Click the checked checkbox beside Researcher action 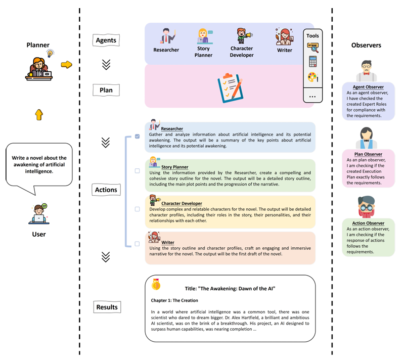[x=137, y=137]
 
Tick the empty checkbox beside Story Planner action [x=137, y=171]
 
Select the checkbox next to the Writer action [x=137, y=244]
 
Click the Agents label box [x=106, y=40]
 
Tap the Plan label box [x=106, y=90]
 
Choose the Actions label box [x=106, y=190]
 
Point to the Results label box [x=107, y=306]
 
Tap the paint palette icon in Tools [x=312, y=78]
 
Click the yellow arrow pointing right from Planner [x=66, y=64]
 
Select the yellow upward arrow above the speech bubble [x=39, y=114]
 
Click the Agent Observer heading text [x=368, y=87]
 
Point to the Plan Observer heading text [x=368, y=154]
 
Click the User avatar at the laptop [x=38, y=213]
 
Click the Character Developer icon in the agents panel [x=242, y=36]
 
